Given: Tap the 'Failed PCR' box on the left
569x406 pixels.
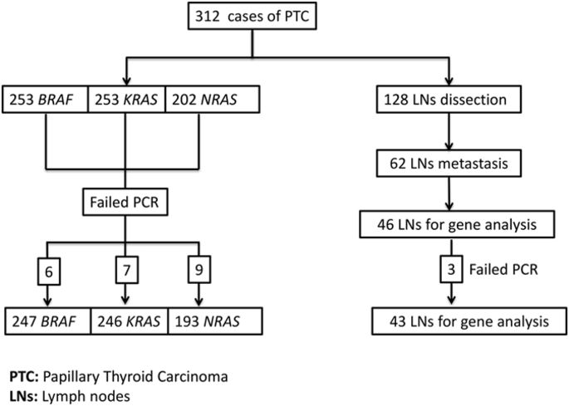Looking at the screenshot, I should (125, 200).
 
